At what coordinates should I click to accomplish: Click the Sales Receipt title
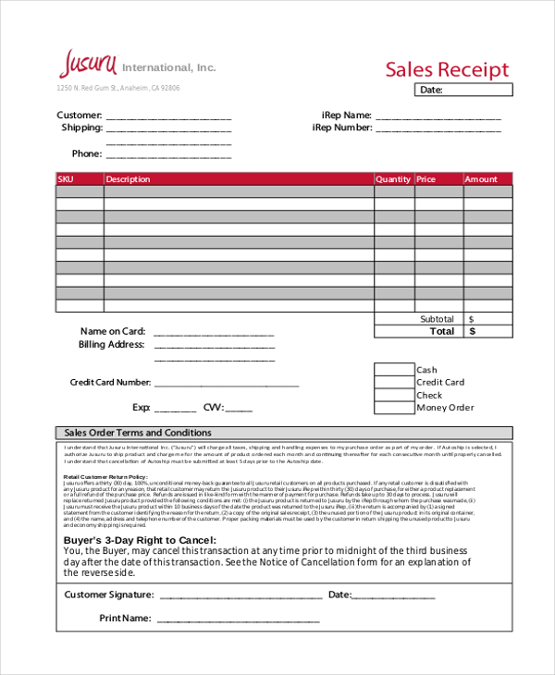click(447, 69)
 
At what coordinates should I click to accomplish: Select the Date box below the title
click(465, 90)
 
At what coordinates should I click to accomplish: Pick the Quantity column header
click(393, 179)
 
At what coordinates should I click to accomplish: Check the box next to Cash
click(394, 370)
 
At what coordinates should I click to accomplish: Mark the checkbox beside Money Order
click(394, 408)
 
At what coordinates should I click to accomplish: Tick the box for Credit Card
click(394, 383)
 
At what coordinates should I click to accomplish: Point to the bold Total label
click(442, 331)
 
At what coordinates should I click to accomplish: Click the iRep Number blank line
click(438, 129)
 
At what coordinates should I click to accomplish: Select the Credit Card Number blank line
click(227, 383)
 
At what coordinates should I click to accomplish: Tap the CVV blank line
click(239, 408)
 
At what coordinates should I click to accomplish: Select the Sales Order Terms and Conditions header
click(137, 433)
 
